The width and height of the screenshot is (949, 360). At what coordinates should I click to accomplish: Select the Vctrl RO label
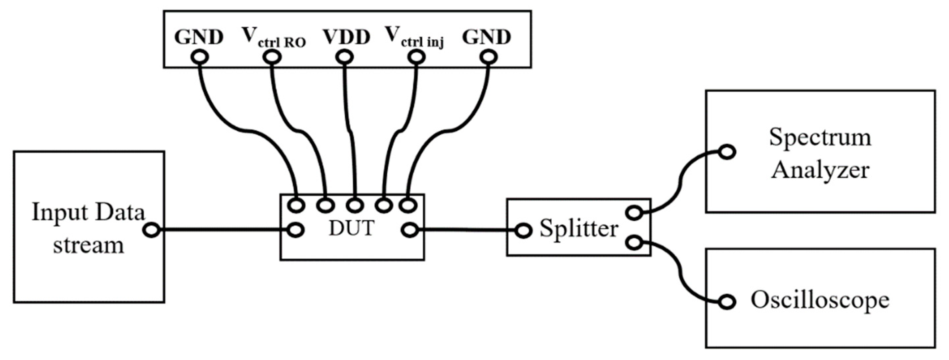click(x=273, y=38)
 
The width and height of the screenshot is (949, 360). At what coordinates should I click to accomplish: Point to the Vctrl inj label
click(x=414, y=38)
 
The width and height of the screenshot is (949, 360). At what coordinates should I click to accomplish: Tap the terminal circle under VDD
click(x=344, y=57)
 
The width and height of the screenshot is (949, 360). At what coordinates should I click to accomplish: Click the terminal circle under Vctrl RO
click(x=272, y=57)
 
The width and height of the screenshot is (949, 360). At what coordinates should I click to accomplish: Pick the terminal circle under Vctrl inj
click(x=416, y=57)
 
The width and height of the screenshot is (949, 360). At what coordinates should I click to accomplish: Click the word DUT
click(x=352, y=228)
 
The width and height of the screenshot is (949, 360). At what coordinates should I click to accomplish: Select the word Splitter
click(x=579, y=228)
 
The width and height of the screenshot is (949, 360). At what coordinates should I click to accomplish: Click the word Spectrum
click(x=820, y=137)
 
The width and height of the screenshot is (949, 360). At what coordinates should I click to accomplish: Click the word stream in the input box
click(x=88, y=245)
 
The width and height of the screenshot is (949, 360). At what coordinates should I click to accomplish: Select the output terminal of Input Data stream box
click(x=151, y=230)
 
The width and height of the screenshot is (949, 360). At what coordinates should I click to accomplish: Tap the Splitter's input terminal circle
click(x=523, y=231)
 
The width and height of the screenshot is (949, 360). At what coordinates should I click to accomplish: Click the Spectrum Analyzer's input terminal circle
click(x=727, y=152)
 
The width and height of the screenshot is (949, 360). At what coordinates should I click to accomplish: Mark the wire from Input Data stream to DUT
click(x=221, y=230)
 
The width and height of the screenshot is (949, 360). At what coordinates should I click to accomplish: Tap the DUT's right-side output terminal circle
click(x=409, y=231)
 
